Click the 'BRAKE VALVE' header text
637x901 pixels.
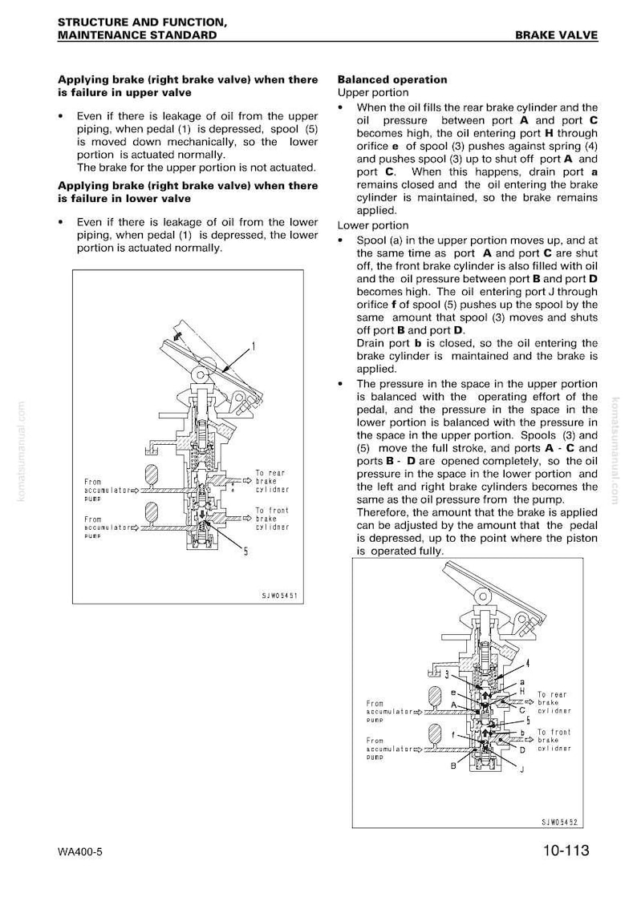click(556, 35)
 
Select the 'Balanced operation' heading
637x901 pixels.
click(392, 80)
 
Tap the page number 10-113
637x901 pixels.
click(566, 850)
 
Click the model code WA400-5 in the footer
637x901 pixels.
click(80, 851)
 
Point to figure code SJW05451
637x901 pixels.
click(279, 596)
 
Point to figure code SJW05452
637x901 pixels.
click(559, 822)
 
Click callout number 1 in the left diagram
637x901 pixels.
click(253, 346)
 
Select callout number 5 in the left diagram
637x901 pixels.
click(246, 552)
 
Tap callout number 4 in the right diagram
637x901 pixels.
click(527, 663)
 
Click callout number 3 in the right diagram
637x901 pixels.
click(448, 674)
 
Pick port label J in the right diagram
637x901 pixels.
click(522, 769)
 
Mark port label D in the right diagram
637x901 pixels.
click(522, 749)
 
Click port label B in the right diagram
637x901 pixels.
click(453, 766)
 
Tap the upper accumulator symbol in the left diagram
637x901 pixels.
click(152, 475)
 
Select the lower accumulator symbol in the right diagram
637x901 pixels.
click(434, 733)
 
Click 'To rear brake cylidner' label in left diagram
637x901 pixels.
click(272, 482)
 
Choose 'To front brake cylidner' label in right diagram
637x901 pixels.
click(554, 740)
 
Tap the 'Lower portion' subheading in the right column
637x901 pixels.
click(373, 226)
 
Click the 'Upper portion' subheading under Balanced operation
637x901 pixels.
click(373, 93)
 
